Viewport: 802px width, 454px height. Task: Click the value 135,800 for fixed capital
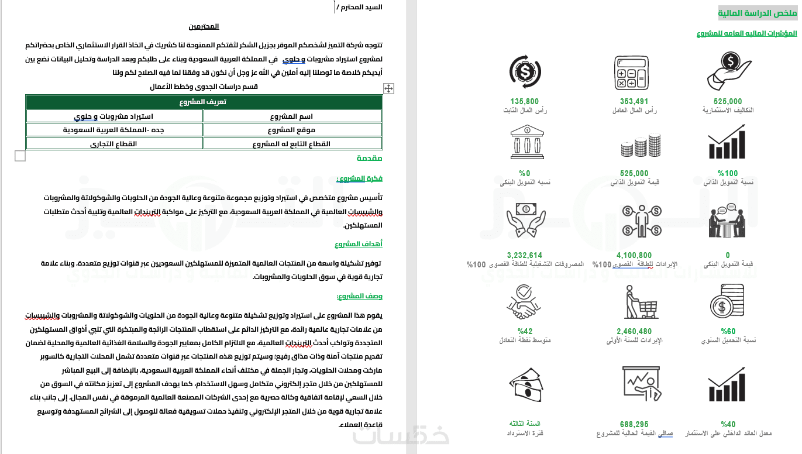(x=524, y=101)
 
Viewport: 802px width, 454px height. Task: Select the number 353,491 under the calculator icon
(x=634, y=101)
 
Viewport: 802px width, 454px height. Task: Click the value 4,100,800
(x=634, y=255)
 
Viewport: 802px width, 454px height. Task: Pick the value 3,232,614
(x=524, y=255)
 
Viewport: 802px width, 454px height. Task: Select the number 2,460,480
(x=634, y=331)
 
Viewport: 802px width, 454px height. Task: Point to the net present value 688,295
(x=634, y=424)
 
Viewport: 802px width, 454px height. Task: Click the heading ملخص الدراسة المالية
(x=758, y=12)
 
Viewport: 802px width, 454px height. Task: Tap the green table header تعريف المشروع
(x=204, y=102)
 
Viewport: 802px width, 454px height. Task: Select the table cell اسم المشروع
(x=292, y=116)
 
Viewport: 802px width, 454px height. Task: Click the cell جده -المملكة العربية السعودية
(x=114, y=129)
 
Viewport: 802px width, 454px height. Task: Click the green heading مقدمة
(x=370, y=158)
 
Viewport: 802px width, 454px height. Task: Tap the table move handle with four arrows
(x=388, y=88)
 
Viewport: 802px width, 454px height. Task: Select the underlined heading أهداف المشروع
(x=359, y=243)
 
